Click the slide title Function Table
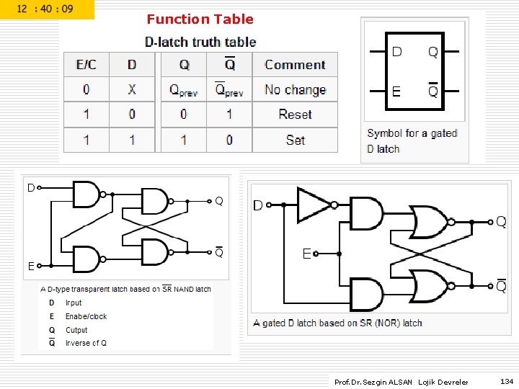(200, 19)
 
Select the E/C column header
(86, 65)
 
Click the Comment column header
(295, 65)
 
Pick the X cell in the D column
(132, 90)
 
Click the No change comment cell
(295, 90)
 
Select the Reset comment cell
(295, 115)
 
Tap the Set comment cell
(295, 140)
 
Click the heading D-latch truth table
(200, 43)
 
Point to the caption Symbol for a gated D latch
(412, 141)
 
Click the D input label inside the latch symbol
(396, 52)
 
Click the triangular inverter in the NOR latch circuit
(313, 205)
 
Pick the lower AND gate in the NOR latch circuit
(368, 294)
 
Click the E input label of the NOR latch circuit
(307, 254)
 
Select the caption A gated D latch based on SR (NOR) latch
(337, 323)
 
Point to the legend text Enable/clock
(86, 316)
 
